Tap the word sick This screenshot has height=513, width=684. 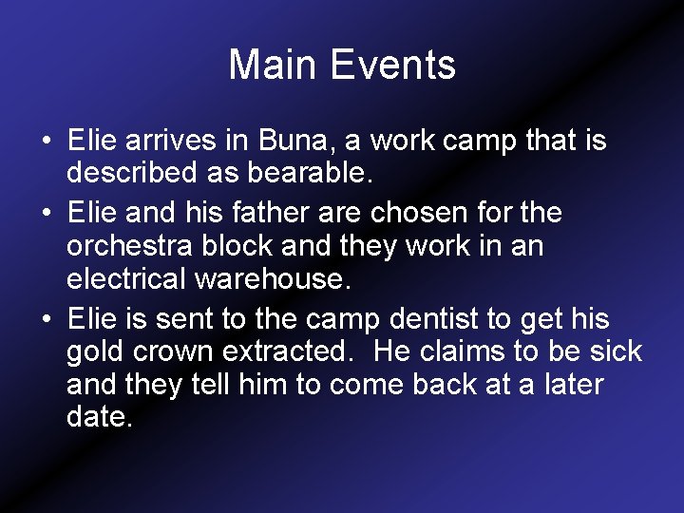616,351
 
